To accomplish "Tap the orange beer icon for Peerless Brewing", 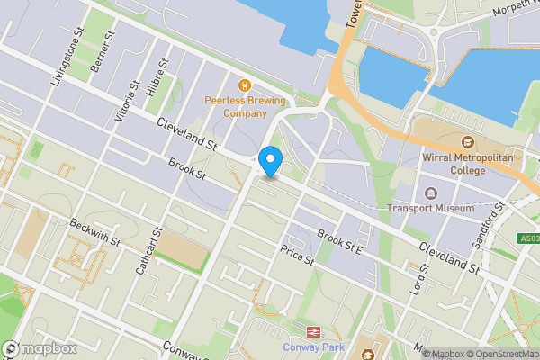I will click(x=243, y=85).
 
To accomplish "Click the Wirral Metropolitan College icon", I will click(x=467, y=143).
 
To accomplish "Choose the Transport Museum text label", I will click(x=430, y=209).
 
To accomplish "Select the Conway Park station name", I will click(x=315, y=346).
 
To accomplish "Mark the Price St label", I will click(x=295, y=256).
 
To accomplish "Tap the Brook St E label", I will click(x=339, y=243).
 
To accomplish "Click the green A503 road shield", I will click(x=529, y=238).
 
